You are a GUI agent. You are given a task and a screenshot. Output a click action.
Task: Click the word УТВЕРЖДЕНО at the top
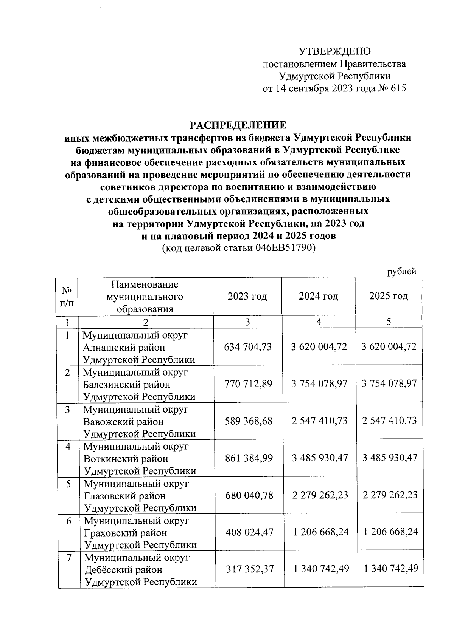tap(334, 51)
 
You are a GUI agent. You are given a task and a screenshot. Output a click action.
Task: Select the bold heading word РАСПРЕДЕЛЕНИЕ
tap(238, 125)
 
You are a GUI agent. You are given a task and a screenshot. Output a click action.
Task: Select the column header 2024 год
tap(318, 296)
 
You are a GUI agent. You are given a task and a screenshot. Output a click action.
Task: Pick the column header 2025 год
tap(389, 296)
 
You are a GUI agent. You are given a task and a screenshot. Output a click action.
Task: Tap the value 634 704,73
tap(248, 347)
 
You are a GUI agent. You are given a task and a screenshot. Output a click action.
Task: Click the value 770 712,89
tap(248, 384)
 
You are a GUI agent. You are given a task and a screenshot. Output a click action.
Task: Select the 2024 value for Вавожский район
tap(319, 421)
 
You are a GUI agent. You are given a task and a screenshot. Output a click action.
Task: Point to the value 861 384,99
tap(249, 458)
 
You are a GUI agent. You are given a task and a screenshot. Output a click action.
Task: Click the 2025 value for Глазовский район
tap(390, 495)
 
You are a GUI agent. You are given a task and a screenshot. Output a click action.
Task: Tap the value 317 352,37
tap(249, 569)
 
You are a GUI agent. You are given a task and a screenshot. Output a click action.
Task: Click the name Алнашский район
tap(124, 347)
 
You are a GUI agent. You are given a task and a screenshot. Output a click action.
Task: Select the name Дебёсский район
tap(123, 569)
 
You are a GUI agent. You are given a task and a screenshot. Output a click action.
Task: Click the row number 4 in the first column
tap(68, 447)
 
